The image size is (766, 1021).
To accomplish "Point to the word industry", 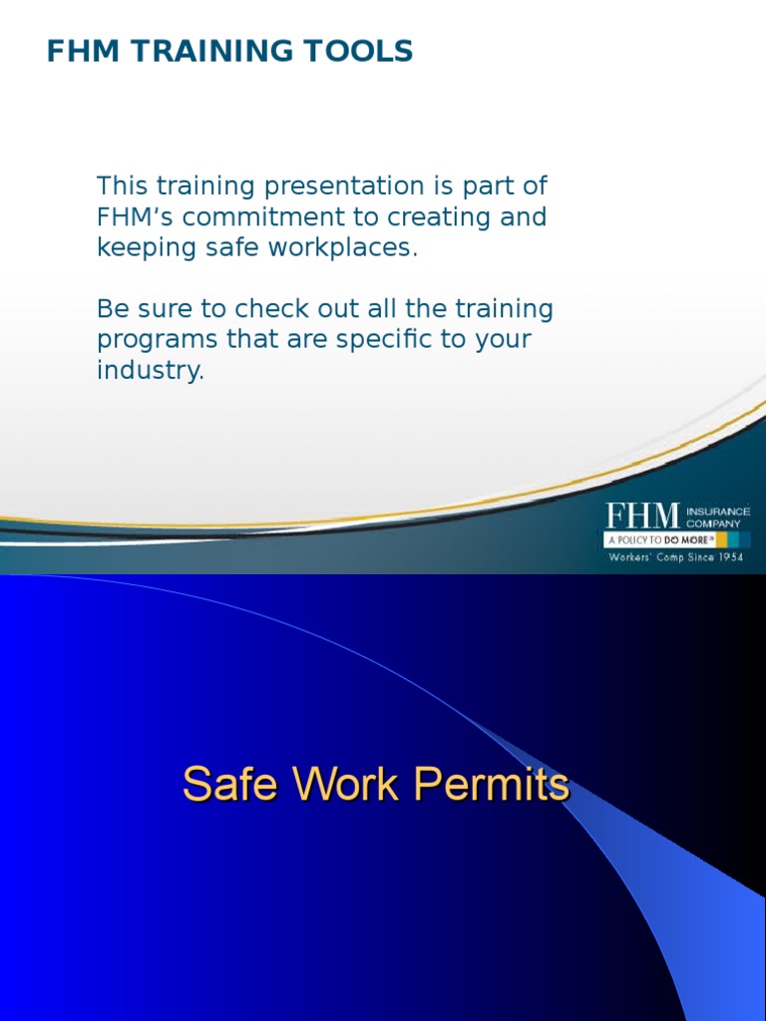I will pyautogui.click(x=150, y=371).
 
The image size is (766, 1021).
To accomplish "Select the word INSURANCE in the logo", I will pyautogui.click(x=718, y=511).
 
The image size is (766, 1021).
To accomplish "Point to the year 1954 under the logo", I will pyautogui.click(x=728, y=557).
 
